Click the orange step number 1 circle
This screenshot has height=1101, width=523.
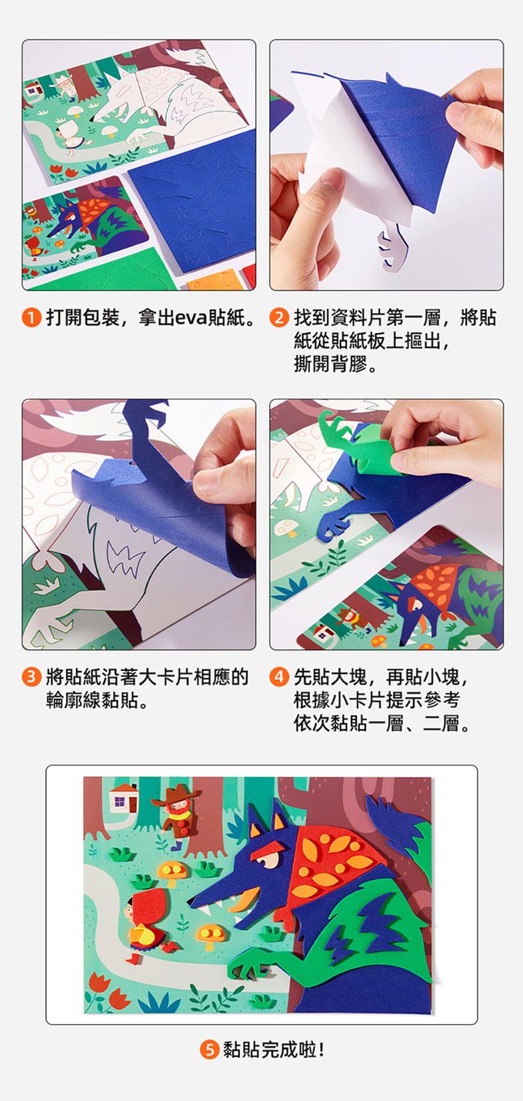31,317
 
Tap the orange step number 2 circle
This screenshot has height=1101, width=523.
279,317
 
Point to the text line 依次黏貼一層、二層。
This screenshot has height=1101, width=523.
381,724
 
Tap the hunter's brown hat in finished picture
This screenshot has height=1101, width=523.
178,793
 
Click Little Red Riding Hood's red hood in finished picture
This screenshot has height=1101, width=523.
144,904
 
